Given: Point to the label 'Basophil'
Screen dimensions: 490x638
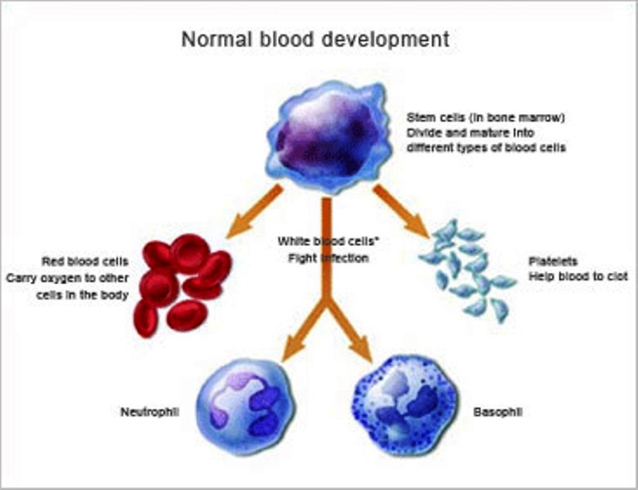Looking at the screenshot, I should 497,411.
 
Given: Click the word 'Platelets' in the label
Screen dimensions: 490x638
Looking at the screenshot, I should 553,261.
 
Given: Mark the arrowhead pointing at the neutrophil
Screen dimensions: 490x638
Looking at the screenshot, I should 290,349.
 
